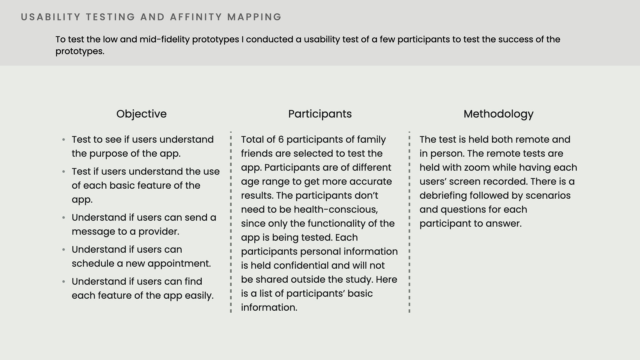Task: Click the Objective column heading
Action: [141, 114]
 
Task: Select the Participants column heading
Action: [320, 114]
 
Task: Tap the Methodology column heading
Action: [498, 114]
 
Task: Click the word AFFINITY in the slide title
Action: [196, 17]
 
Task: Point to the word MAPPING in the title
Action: [255, 17]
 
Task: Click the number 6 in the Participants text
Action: [281, 139]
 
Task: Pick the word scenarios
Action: [548, 195]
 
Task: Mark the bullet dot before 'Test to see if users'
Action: [64, 140]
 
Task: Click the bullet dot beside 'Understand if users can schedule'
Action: [64, 250]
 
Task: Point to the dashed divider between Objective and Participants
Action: [231, 222]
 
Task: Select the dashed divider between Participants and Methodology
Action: [409, 222]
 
